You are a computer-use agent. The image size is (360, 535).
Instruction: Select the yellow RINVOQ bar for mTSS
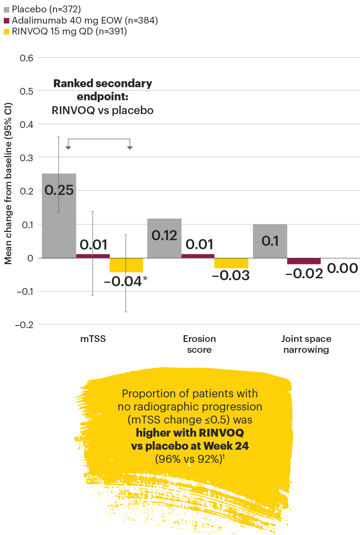click(126, 265)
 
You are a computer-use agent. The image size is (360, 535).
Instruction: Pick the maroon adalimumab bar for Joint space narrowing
click(304, 261)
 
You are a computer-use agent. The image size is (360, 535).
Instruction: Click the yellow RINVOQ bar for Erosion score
click(231, 263)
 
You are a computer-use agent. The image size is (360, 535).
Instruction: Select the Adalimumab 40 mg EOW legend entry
click(81, 20)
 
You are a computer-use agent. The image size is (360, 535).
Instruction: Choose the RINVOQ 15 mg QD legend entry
click(65, 31)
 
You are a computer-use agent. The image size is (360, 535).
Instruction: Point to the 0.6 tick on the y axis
click(26, 58)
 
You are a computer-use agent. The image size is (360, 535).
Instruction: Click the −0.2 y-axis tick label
click(24, 325)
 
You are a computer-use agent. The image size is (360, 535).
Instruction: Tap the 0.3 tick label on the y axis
click(26, 158)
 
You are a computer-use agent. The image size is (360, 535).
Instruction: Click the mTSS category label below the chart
click(93, 339)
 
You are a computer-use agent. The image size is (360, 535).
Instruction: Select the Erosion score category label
click(199, 344)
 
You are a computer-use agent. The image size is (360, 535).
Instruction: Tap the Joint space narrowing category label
click(306, 344)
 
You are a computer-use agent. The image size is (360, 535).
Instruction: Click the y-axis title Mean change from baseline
click(8, 183)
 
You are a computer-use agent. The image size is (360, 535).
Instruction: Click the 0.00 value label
click(342, 268)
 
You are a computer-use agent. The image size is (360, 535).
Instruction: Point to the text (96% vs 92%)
click(189, 459)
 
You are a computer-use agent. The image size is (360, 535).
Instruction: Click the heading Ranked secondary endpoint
click(103, 90)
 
